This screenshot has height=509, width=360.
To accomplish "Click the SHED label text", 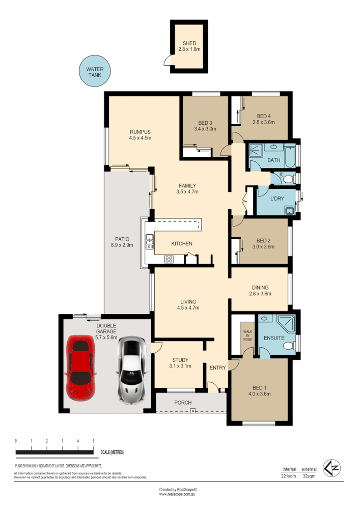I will [x=189, y=44].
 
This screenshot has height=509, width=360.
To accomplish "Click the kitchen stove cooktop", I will [x=168, y=259].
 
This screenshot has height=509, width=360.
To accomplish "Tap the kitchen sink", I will [x=150, y=242].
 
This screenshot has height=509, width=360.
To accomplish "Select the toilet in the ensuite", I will [x=289, y=346].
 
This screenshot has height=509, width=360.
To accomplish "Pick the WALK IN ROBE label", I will [x=247, y=336].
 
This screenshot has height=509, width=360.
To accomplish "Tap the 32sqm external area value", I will [x=309, y=476].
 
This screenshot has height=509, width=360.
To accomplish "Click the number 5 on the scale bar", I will [x=93, y=441].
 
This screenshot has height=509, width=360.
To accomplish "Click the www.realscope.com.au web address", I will [x=178, y=494].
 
